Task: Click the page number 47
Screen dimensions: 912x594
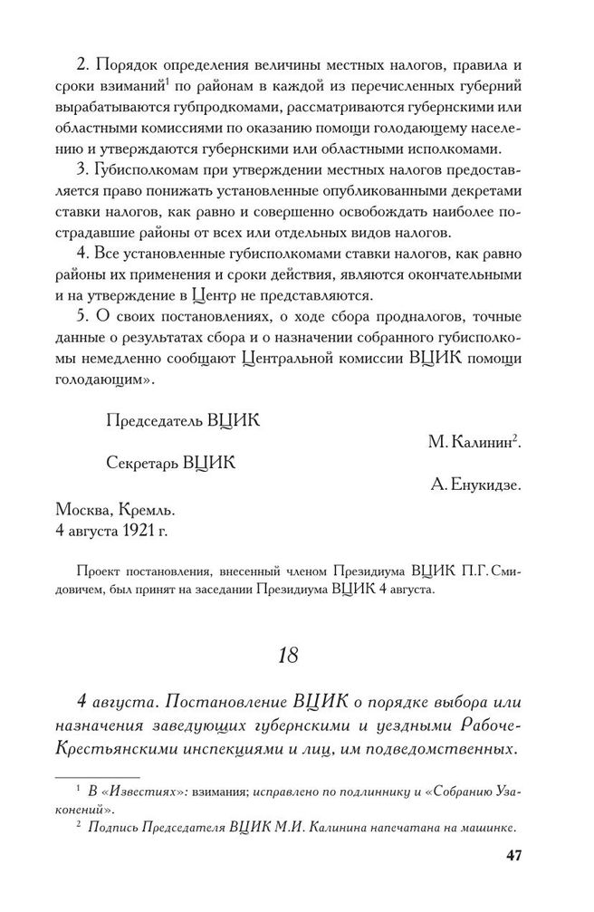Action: pos(513,856)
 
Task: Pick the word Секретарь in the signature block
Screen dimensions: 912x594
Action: pos(142,464)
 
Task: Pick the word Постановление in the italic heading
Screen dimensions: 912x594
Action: pos(224,703)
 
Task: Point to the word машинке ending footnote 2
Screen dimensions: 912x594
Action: pos(484,827)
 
